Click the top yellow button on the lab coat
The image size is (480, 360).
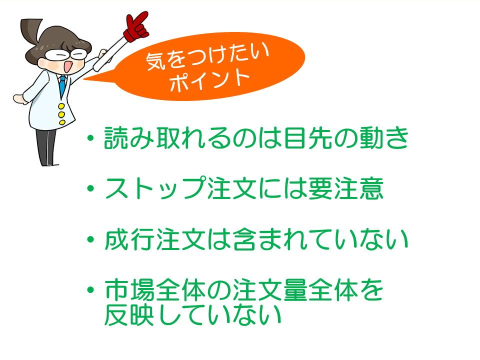[61, 106]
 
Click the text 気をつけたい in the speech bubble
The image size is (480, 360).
[207, 60]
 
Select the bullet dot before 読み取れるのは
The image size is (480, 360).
[90, 137]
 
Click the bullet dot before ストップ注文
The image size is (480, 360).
[90, 189]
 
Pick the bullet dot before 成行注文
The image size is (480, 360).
[90, 240]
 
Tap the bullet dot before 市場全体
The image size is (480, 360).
[90, 291]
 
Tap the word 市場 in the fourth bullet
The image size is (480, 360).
[129, 291]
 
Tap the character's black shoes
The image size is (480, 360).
[47, 161]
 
